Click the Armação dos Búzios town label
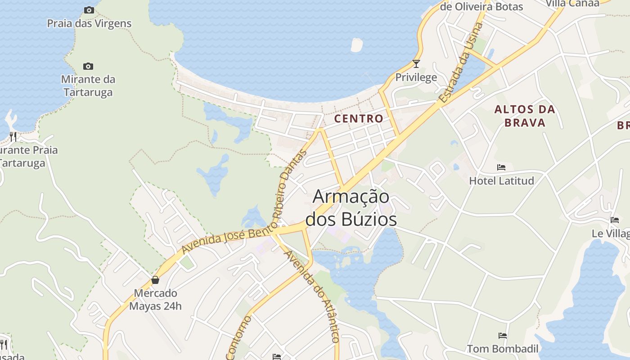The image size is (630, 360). [x=351, y=208]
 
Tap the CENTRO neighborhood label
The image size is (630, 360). [x=359, y=119]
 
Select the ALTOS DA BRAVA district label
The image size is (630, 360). [x=525, y=116]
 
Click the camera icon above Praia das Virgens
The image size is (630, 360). [x=89, y=10]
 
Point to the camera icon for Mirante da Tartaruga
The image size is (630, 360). [x=88, y=67]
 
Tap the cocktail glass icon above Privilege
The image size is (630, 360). [x=416, y=64]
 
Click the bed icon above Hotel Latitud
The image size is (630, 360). [x=501, y=167]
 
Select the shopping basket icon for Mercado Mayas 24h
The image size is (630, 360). [x=155, y=280]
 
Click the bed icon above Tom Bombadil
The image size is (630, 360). [x=502, y=336]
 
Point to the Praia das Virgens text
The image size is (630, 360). [x=89, y=23]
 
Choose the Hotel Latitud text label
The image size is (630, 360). [x=501, y=181]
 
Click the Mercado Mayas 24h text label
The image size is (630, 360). [x=155, y=300]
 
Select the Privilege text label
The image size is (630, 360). [x=416, y=77]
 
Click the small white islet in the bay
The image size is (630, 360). [x=356, y=45]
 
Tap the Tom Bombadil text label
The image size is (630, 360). [x=502, y=349]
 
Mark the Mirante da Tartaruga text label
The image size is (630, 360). [x=88, y=85]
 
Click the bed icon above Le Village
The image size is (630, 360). [x=615, y=220]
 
